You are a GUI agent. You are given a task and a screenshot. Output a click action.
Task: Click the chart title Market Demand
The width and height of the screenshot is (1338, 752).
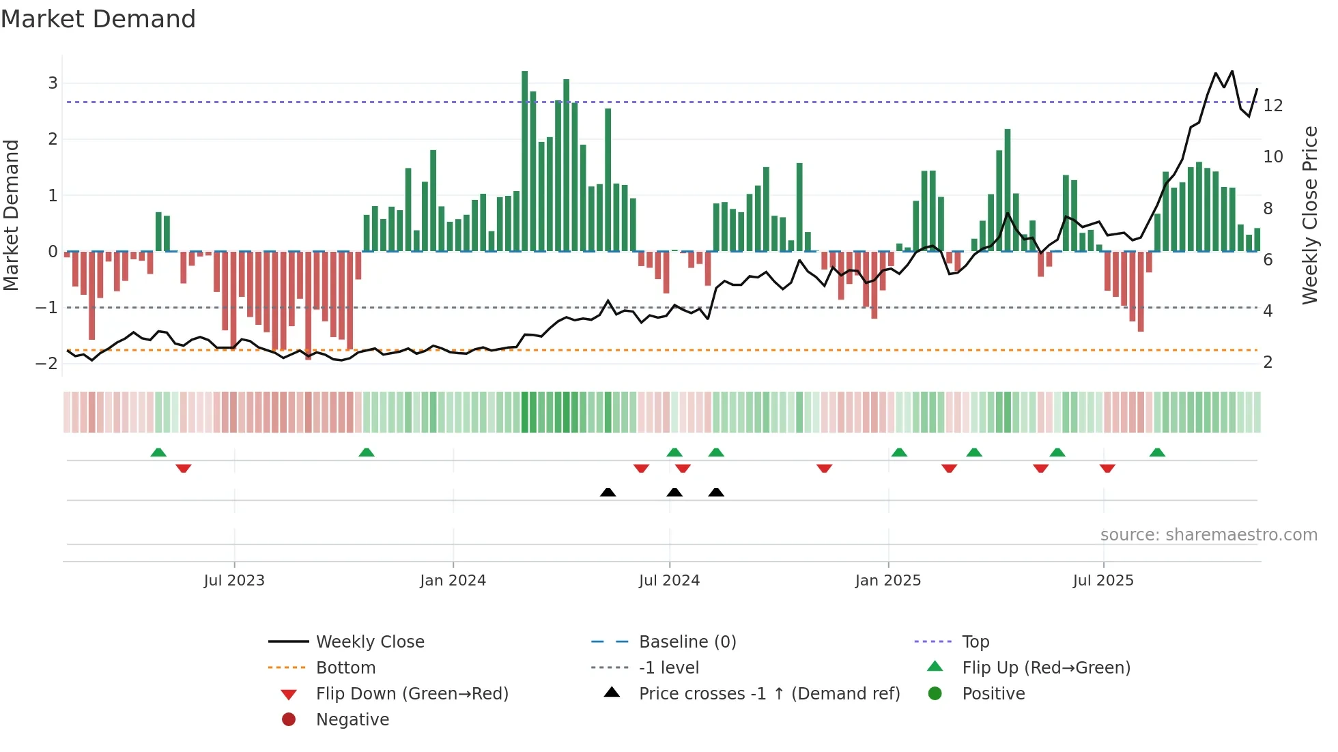coord(98,19)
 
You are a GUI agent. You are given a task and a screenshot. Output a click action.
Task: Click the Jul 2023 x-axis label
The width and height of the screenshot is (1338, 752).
coord(233,581)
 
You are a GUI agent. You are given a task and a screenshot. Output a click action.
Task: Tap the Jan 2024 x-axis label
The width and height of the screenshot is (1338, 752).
coord(453,581)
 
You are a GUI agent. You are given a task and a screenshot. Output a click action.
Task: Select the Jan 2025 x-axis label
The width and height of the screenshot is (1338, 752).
coord(887,581)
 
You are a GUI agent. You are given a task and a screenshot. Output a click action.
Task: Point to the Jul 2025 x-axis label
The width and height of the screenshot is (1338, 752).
coord(1102,581)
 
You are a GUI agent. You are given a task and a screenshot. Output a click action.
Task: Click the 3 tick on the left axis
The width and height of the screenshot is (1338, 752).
coord(53,83)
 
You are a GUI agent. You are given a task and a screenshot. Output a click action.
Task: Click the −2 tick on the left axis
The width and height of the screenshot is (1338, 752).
coord(47,364)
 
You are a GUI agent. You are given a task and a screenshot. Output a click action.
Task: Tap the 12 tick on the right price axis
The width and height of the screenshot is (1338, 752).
coord(1273,106)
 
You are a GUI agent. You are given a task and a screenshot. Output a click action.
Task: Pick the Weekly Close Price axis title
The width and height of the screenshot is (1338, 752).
coord(1309,215)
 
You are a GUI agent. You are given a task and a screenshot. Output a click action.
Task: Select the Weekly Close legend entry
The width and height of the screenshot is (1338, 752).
coord(369,642)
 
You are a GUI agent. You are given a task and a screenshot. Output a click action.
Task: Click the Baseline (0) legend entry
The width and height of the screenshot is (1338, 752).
coord(687,642)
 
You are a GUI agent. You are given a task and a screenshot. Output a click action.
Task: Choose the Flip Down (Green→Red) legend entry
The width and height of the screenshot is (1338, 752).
coord(412,694)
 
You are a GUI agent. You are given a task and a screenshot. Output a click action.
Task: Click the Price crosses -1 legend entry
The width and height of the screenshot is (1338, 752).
coord(769,694)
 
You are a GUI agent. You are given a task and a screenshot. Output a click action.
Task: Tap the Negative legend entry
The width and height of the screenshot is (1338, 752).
coord(352,720)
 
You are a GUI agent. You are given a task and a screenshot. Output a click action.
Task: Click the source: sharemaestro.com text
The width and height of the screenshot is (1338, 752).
coord(1208,535)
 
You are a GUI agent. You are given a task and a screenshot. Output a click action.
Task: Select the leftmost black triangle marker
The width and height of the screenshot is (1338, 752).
coord(608,492)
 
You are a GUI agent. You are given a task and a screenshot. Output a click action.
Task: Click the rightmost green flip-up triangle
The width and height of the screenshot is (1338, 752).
coord(1157,452)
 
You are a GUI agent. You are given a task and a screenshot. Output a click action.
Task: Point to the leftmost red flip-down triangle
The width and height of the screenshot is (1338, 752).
coord(183,468)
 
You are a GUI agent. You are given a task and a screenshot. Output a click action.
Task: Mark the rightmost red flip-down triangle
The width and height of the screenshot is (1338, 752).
coord(1107,468)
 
